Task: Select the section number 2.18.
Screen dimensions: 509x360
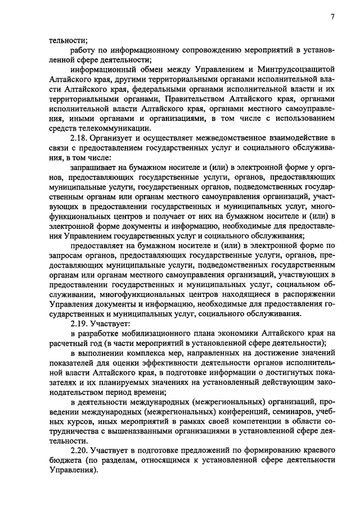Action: (79, 138)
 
